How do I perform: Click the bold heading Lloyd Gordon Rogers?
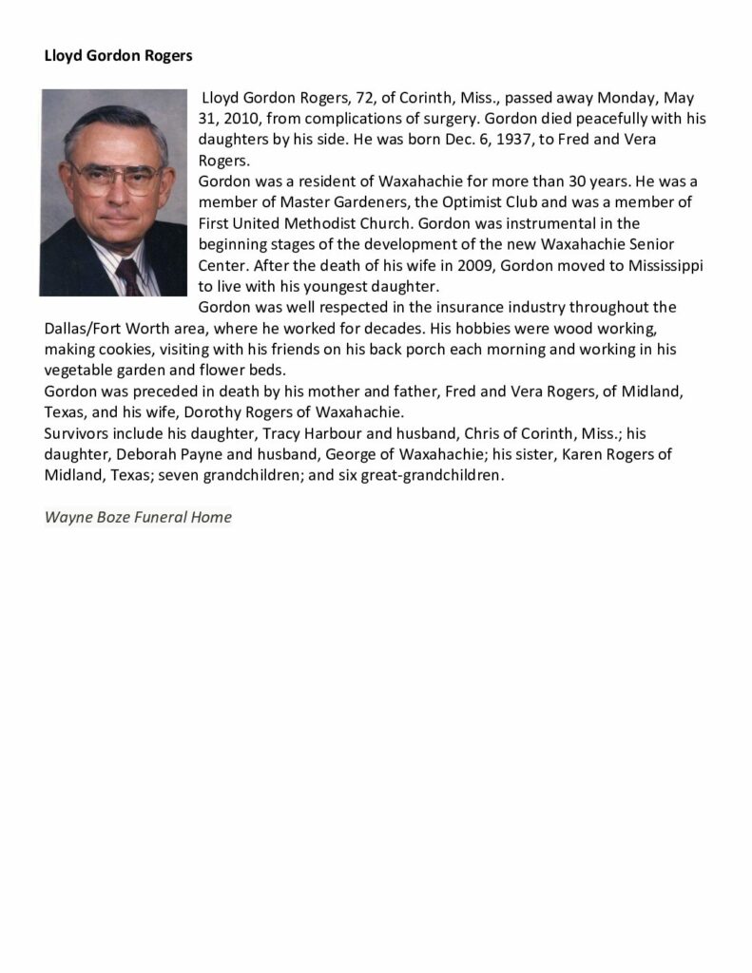pyautogui.click(x=118, y=55)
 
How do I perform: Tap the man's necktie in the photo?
pyautogui.click(x=128, y=276)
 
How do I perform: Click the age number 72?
pyautogui.click(x=378, y=98)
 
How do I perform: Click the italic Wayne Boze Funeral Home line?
pyautogui.click(x=138, y=518)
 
